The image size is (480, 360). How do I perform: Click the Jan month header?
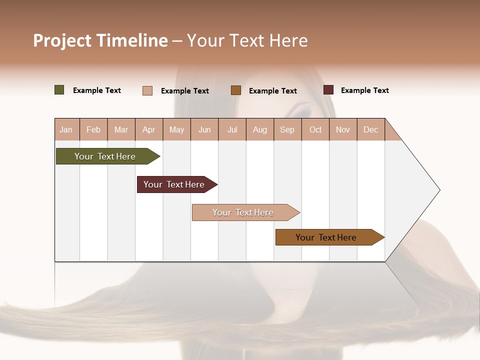point(66,129)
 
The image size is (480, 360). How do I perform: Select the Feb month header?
point(93,129)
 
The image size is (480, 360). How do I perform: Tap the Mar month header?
point(121,129)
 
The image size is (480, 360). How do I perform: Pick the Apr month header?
point(149,129)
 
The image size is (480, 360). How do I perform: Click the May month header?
point(176,129)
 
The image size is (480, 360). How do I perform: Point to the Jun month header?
point(204,129)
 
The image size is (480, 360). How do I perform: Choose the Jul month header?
point(232,129)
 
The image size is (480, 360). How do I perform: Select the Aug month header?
point(260,129)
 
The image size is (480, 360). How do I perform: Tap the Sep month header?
point(287,129)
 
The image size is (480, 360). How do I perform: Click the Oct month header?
point(315,129)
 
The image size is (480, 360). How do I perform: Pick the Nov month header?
point(343,129)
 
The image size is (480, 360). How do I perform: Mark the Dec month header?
point(371,129)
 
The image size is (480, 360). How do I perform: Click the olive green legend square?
point(59,90)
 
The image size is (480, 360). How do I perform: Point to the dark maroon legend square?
point(328,90)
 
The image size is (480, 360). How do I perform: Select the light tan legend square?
point(147,90)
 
